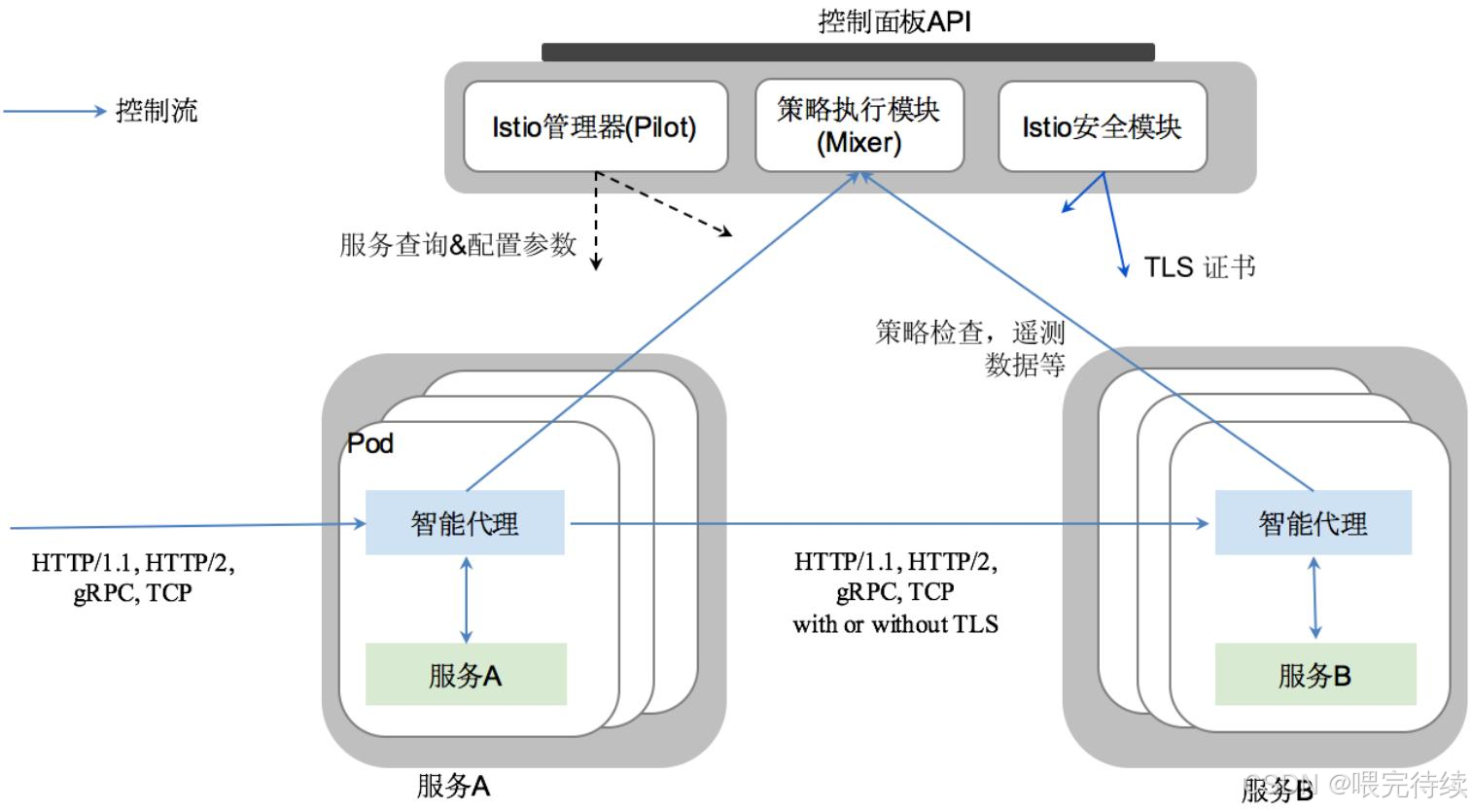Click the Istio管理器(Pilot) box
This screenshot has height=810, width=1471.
(x=595, y=126)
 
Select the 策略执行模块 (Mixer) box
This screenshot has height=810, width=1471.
(x=858, y=126)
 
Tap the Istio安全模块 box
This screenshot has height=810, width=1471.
(x=1102, y=126)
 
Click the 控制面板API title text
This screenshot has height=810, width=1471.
(x=893, y=21)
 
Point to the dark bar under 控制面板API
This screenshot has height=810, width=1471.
(x=848, y=53)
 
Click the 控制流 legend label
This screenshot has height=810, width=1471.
(x=157, y=111)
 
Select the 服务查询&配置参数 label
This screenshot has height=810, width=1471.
(x=457, y=244)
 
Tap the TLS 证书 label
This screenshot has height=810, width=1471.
(x=1199, y=266)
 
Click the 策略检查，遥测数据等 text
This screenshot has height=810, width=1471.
(x=970, y=347)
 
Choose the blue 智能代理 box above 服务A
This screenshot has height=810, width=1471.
(x=465, y=523)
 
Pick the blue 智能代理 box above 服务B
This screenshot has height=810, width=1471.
(x=1313, y=523)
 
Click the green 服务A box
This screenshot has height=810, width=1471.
(x=466, y=674)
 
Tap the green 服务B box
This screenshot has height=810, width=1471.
(x=1314, y=675)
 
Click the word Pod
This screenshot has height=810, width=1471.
(x=370, y=443)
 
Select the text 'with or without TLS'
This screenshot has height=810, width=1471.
(x=894, y=624)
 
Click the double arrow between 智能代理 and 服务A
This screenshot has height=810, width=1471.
(x=467, y=598)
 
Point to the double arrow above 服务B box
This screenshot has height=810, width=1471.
(x=1314, y=597)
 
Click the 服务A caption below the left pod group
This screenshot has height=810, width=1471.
(x=453, y=786)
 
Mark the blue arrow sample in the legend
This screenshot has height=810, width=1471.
(x=54, y=111)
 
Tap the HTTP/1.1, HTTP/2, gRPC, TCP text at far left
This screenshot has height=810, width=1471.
(x=132, y=578)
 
